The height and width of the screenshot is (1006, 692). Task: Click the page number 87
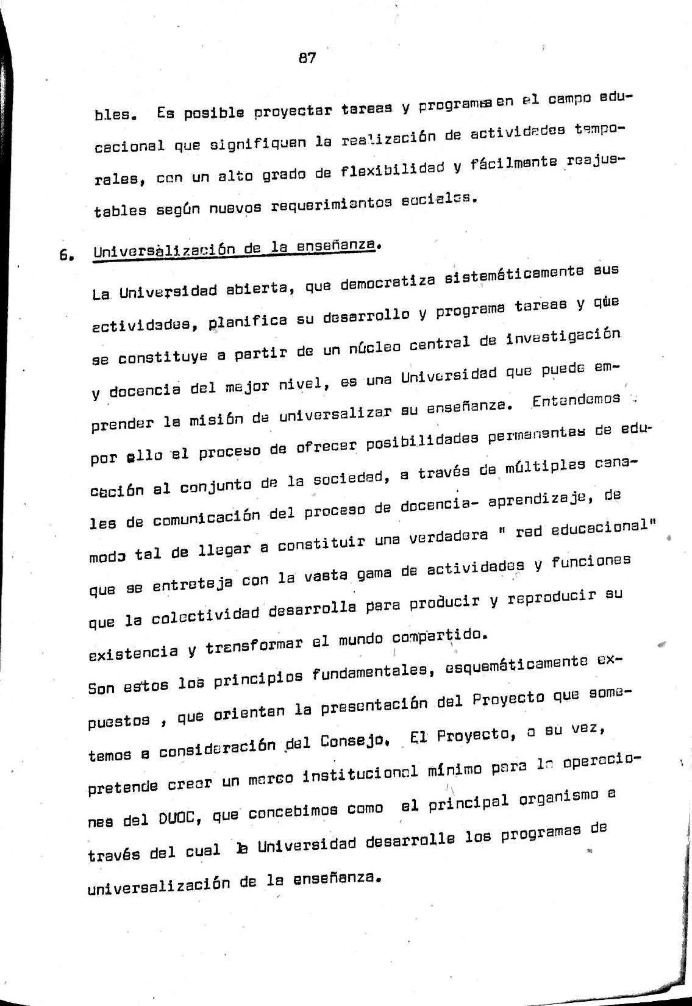click(307, 59)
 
